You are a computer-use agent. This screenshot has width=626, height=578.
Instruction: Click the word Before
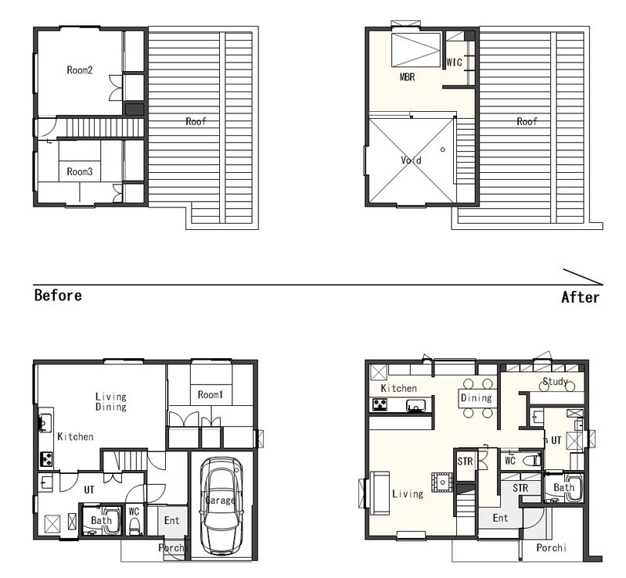coord(58,296)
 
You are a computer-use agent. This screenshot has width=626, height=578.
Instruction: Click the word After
coord(580,297)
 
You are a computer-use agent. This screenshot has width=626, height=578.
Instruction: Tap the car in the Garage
coord(221,506)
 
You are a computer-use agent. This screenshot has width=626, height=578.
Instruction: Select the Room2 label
coord(80,70)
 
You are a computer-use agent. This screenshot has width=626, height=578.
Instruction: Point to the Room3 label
coord(80,171)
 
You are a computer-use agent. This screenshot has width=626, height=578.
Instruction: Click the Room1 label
coord(210,395)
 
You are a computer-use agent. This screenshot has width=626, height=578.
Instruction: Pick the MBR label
coord(407,77)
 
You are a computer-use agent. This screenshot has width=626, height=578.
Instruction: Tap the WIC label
coord(455,63)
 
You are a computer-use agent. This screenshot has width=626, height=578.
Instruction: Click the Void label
coord(412,160)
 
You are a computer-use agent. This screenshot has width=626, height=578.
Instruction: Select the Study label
coord(556,381)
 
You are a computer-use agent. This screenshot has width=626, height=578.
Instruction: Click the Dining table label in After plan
coord(477,397)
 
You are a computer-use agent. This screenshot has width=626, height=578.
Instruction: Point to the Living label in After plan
coord(408,494)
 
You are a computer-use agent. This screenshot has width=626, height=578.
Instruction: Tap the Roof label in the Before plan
coord(196,121)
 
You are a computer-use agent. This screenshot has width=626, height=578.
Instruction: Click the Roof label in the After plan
coord(527,121)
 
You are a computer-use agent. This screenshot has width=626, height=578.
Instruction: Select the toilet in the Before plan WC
coord(135,526)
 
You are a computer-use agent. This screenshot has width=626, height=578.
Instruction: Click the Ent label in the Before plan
coord(171,520)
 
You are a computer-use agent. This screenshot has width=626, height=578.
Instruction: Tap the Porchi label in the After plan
coord(552,547)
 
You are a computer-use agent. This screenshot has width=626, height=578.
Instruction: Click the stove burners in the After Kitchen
coord(379,405)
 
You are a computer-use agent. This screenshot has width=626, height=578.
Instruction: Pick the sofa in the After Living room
coord(380,494)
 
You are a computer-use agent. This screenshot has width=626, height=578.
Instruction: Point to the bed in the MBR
coord(416,50)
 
